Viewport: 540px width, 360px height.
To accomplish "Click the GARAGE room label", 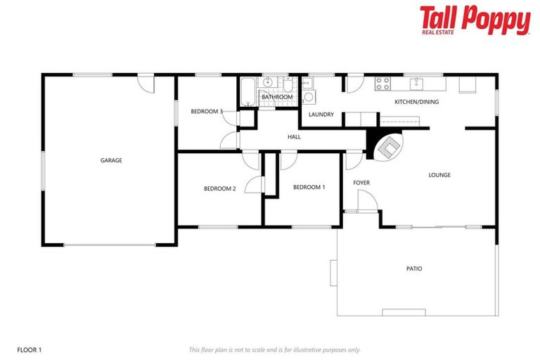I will pos(111,160).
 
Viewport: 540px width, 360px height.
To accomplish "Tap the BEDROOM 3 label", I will pos(207,112).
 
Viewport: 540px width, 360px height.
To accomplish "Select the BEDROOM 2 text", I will pos(219,188).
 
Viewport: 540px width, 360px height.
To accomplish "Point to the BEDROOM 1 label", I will pos(309,187).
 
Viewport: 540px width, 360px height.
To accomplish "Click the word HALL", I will pos(294,137).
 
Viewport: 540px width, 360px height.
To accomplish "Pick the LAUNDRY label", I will pos(321,114).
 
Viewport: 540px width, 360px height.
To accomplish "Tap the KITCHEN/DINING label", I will pos(416,102).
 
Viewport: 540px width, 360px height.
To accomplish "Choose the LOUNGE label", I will pos(439,175).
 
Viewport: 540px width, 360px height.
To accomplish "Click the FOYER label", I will pos(361,183).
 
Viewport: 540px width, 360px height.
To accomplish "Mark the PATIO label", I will pos(414,269).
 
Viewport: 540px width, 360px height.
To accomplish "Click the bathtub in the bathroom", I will pos(247,92).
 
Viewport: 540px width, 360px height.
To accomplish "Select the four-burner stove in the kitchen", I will pos(382,84).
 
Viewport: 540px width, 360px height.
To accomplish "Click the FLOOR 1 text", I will pos(30,349).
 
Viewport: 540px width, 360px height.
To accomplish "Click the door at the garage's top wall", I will pos(146,82).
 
